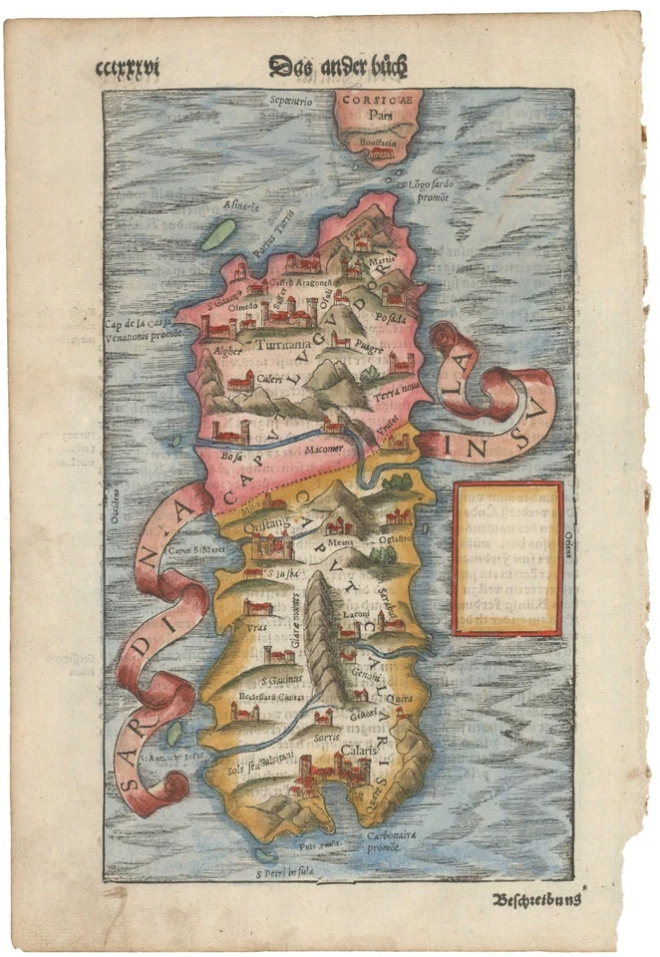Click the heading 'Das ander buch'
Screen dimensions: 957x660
point(338,67)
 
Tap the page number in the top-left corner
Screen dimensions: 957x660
point(127,69)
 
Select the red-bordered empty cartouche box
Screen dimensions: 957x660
point(508,558)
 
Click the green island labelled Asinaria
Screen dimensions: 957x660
point(218,234)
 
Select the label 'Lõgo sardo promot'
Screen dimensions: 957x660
point(431,190)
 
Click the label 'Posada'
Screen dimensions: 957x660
point(391,319)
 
